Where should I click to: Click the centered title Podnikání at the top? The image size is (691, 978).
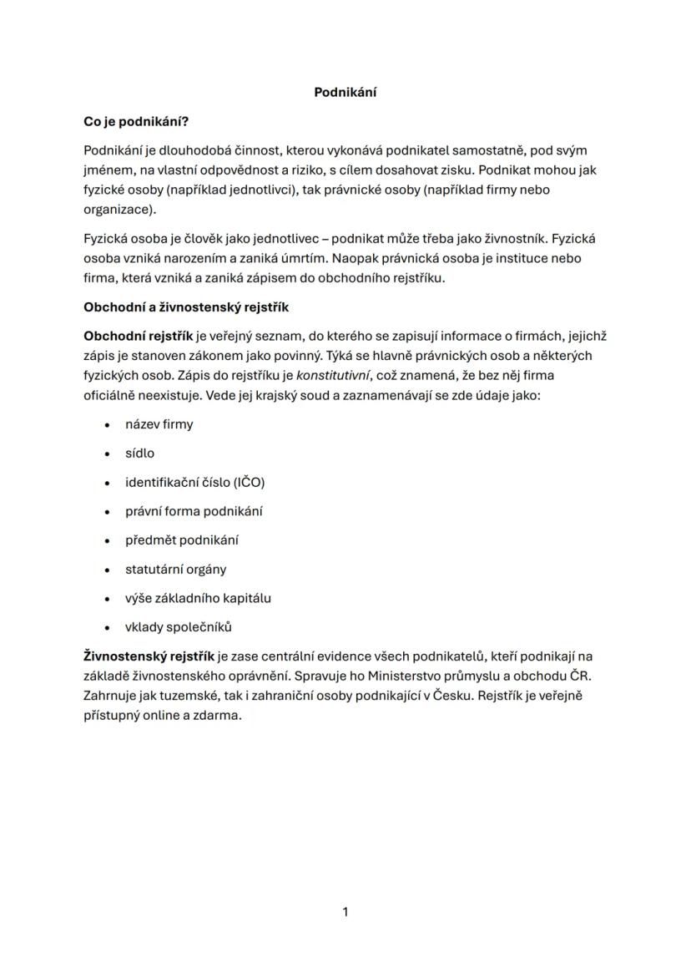tap(345, 93)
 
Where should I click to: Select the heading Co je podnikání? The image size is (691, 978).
tap(136, 122)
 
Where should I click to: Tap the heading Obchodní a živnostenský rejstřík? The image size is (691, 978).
tap(185, 307)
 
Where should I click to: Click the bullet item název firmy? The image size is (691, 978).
tap(159, 424)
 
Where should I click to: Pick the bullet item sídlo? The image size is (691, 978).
tap(139, 454)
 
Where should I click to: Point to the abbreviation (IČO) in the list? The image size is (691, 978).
tap(249, 483)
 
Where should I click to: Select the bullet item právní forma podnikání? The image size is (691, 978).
tap(194, 511)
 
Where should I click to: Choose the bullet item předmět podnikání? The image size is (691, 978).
tap(182, 540)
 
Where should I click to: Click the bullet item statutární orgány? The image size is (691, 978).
tap(175, 570)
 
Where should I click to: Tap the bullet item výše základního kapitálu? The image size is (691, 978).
tap(198, 598)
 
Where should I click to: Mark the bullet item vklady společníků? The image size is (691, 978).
tap(178, 627)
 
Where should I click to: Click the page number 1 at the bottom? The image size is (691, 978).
tap(345, 912)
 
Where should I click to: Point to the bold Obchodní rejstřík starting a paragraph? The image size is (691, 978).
tap(138, 337)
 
